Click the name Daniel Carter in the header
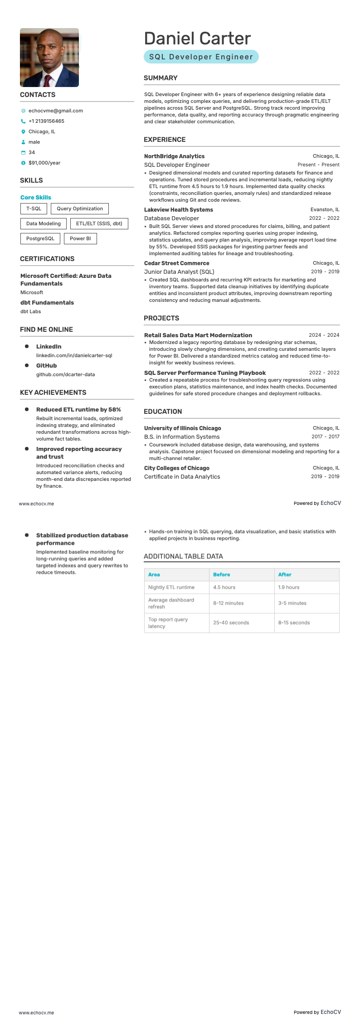click(x=197, y=39)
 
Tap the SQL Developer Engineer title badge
click(x=201, y=57)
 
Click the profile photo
click(x=49, y=58)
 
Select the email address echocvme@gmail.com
click(x=55, y=111)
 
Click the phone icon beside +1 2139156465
click(x=23, y=121)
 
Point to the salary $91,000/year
click(x=44, y=163)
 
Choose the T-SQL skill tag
click(x=34, y=209)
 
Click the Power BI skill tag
click(x=80, y=238)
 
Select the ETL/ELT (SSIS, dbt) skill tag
click(x=99, y=223)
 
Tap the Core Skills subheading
click(x=36, y=197)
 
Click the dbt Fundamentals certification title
click(x=47, y=302)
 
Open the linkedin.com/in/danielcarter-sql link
click(x=74, y=355)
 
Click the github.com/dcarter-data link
click(x=65, y=374)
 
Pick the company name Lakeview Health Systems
click(x=178, y=210)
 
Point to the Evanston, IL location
click(x=325, y=210)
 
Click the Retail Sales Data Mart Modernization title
click(x=198, y=335)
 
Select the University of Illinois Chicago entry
click(x=182, y=428)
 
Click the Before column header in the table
click(x=222, y=574)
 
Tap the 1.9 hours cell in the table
click(x=289, y=587)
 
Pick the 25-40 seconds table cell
click(x=231, y=622)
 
